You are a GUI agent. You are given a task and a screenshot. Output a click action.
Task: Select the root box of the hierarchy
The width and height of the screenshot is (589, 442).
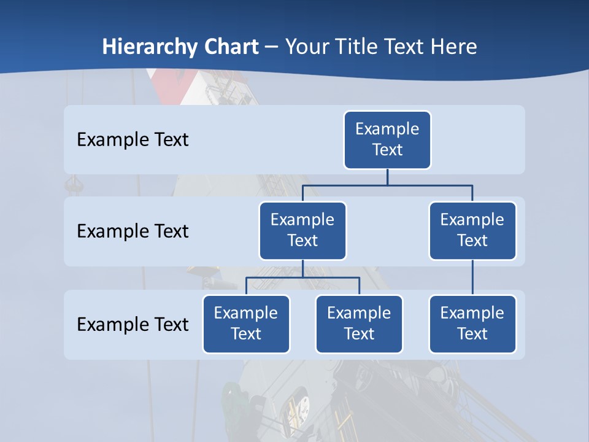click(x=387, y=139)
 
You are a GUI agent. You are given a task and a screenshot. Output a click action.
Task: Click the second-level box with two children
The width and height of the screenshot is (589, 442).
click(x=302, y=230)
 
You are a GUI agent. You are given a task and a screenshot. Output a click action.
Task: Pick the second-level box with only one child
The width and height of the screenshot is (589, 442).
click(x=472, y=230)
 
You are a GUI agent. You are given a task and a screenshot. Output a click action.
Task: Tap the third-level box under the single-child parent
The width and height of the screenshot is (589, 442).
click(x=472, y=324)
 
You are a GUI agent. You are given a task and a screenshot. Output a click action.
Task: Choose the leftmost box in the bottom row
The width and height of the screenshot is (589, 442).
click(x=246, y=324)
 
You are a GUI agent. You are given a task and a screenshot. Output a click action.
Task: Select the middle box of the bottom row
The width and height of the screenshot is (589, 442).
click(x=359, y=324)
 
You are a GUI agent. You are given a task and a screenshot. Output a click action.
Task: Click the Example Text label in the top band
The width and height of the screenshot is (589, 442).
click(x=133, y=140)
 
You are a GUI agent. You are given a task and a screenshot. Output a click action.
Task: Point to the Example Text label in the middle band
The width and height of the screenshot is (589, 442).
click(x=133, y=231)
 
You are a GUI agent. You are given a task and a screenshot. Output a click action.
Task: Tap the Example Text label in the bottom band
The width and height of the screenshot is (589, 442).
click(x=133, y=324)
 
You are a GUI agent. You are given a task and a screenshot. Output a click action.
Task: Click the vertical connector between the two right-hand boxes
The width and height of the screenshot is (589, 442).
click(x=472, y=277)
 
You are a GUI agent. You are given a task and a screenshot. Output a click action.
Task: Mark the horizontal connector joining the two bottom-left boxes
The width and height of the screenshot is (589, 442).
click(x=302, y=277)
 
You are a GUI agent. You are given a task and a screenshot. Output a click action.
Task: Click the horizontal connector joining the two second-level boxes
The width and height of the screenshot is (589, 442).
click(x=387, y=184)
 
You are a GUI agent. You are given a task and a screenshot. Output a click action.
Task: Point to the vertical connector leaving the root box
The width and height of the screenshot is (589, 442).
click(x=387, y=177)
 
